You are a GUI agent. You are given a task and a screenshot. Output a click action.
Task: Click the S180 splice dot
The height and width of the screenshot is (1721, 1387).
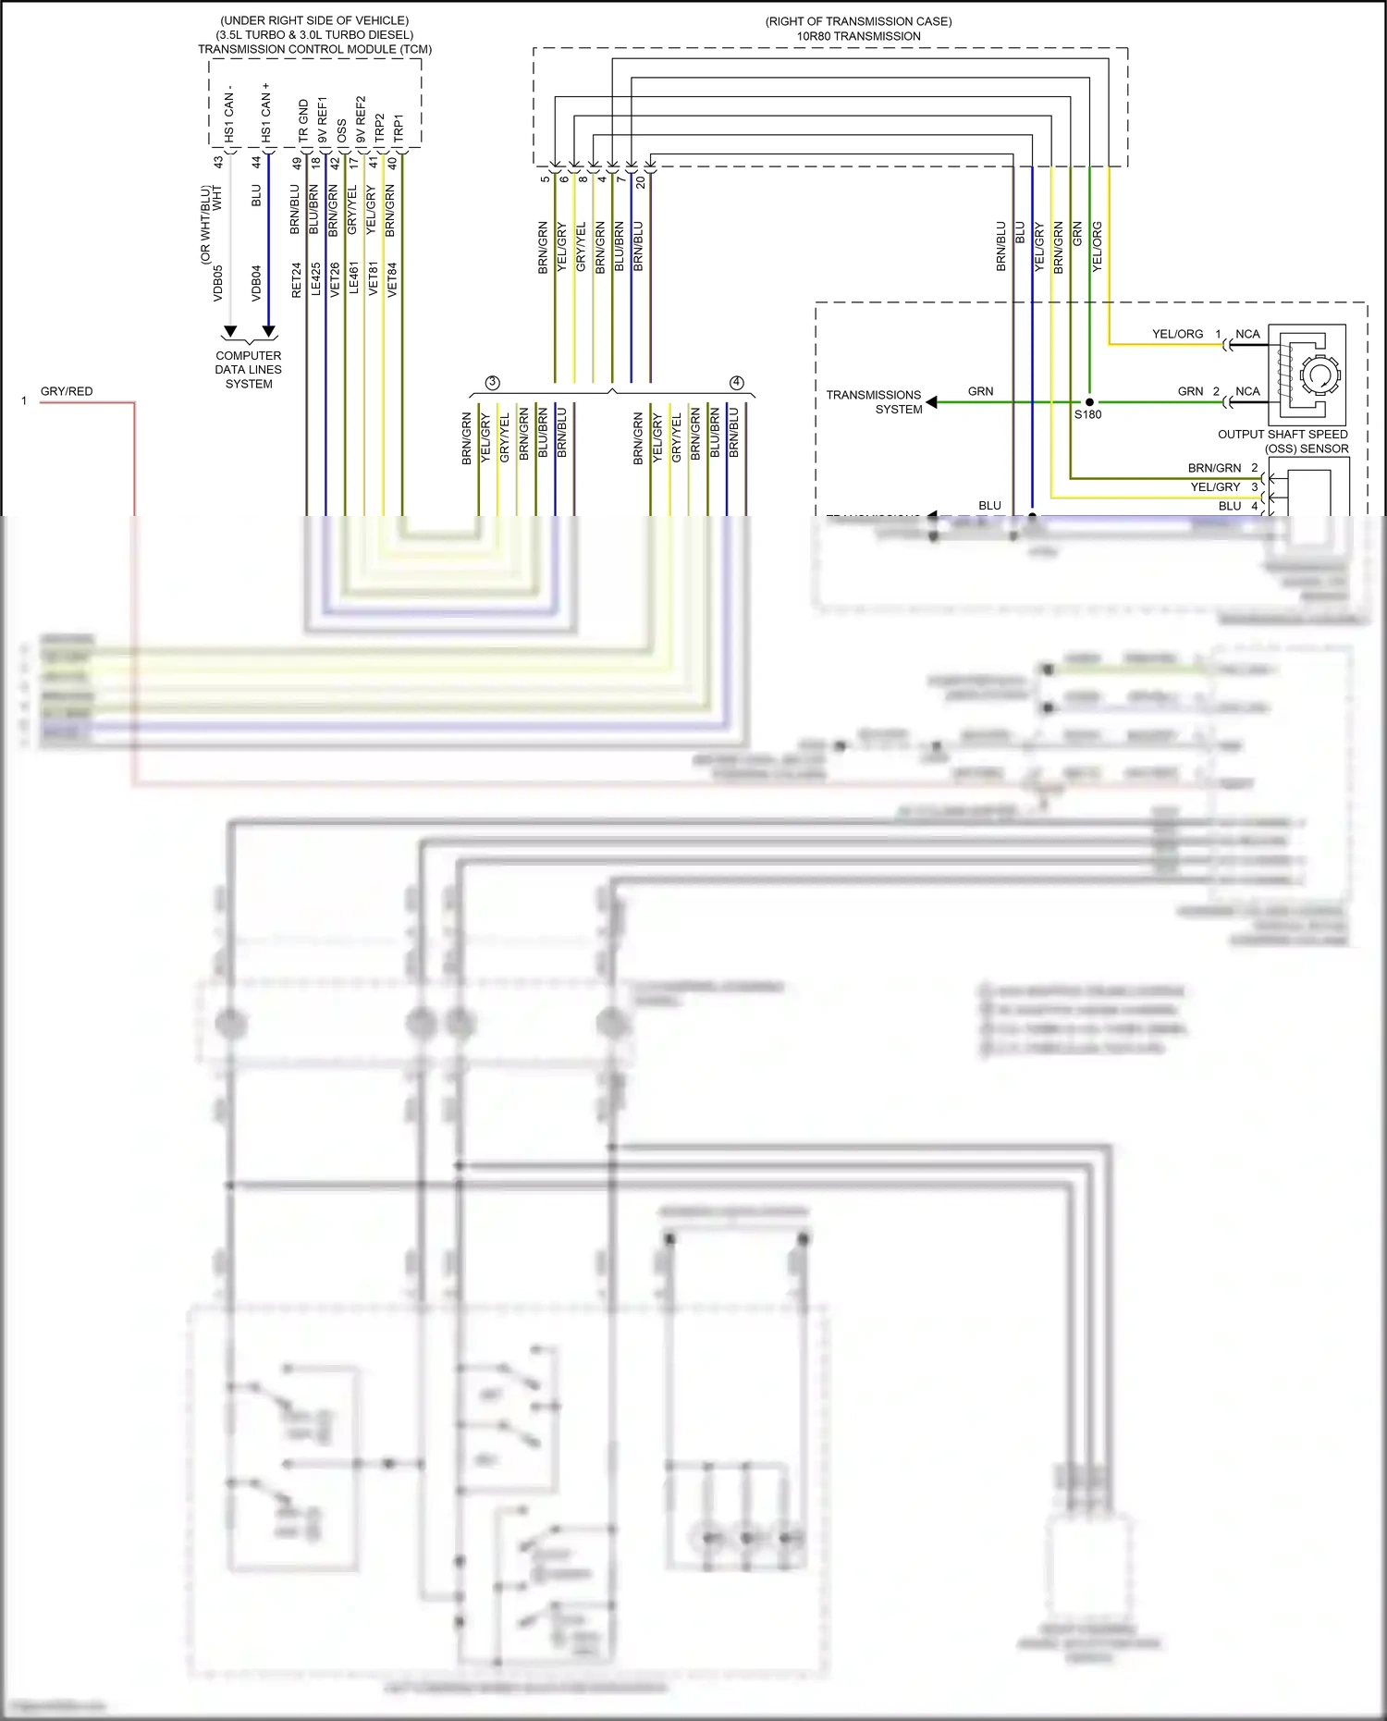coord(1089,402)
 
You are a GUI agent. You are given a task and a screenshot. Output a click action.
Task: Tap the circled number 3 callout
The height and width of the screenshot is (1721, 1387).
coord(492,383)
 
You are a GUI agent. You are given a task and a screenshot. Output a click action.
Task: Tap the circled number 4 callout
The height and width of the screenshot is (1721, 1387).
coord(737,383)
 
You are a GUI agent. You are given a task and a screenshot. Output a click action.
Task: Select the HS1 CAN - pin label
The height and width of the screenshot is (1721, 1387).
coord(229,116)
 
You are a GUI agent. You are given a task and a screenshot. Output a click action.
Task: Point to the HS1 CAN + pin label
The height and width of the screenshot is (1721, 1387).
coord(266,113)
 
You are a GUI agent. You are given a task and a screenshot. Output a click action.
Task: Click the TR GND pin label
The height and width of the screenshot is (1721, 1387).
coord(303,120)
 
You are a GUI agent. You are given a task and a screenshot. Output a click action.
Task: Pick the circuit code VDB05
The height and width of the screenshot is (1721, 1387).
coord(218,283)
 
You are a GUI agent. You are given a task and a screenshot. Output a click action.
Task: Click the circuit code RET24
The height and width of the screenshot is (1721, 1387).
coord(297,280)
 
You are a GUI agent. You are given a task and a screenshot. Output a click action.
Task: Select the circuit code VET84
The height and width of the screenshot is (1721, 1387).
coord(392,279)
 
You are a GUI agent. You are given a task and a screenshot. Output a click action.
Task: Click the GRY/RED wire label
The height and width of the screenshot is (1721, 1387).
coord(67,391)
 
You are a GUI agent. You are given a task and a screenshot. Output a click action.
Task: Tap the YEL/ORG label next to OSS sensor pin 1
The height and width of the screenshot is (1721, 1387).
coord(1177,334)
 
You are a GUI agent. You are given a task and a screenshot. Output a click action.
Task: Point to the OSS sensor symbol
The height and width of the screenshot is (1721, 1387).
coord(1307,374)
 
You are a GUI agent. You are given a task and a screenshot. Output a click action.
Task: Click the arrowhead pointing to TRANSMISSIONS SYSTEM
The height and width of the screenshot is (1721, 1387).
coord(932,401)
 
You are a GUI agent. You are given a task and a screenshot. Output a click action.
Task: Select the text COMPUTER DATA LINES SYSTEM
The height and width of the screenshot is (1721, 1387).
coord(249,369)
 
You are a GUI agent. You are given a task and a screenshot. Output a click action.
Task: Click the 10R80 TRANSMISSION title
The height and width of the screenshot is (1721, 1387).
coord(858,36)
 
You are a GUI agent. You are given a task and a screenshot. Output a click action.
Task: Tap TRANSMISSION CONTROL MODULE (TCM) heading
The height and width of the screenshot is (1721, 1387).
coord(314,49)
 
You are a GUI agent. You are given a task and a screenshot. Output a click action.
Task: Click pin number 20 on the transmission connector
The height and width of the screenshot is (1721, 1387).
coord(641,182)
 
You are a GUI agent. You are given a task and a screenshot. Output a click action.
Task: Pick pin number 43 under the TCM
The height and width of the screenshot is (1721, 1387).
coord(218,162)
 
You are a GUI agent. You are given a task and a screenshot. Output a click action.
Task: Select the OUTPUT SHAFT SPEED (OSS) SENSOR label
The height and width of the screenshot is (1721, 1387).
coord(1283,441)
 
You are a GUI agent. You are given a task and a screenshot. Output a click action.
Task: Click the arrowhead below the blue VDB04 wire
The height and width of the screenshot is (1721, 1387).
coord(269,331)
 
